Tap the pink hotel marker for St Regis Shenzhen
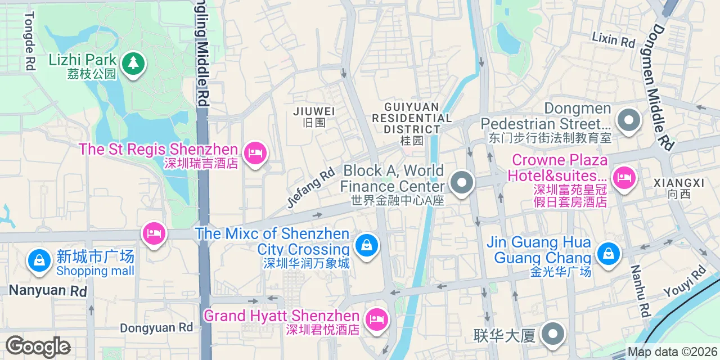pyautogui.click(x=255, y=152)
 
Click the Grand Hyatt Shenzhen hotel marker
pyautogui.click(x=376, y=319)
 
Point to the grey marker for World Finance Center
pyautogui.click(x=462, y=183)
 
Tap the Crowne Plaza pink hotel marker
pyautogui.click(x=623, y=178)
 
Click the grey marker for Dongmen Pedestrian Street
pyautogui.click(x=628, y=120)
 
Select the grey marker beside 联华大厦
pyautogui.click(x=553, y=334)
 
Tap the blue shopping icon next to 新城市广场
pyautogui.click(x=39, y=260)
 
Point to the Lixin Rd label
pyautogui.click(x=613, y=39)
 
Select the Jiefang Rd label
pyautogui.click(x=310, y=188)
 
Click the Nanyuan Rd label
pyautogui.click(x=47, y=291)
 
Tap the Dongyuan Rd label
pyautogui.click(x=156, y=327)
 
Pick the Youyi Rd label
pyautogui.click(x=685, y=282)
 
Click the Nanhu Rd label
pyautogui.click(x=640, y=290)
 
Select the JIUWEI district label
pyautogui.click(x=314, y=111)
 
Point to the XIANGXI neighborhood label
pyautogui.click(x=678, y=183)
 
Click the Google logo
pyautogui.click(x=38, y=346)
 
